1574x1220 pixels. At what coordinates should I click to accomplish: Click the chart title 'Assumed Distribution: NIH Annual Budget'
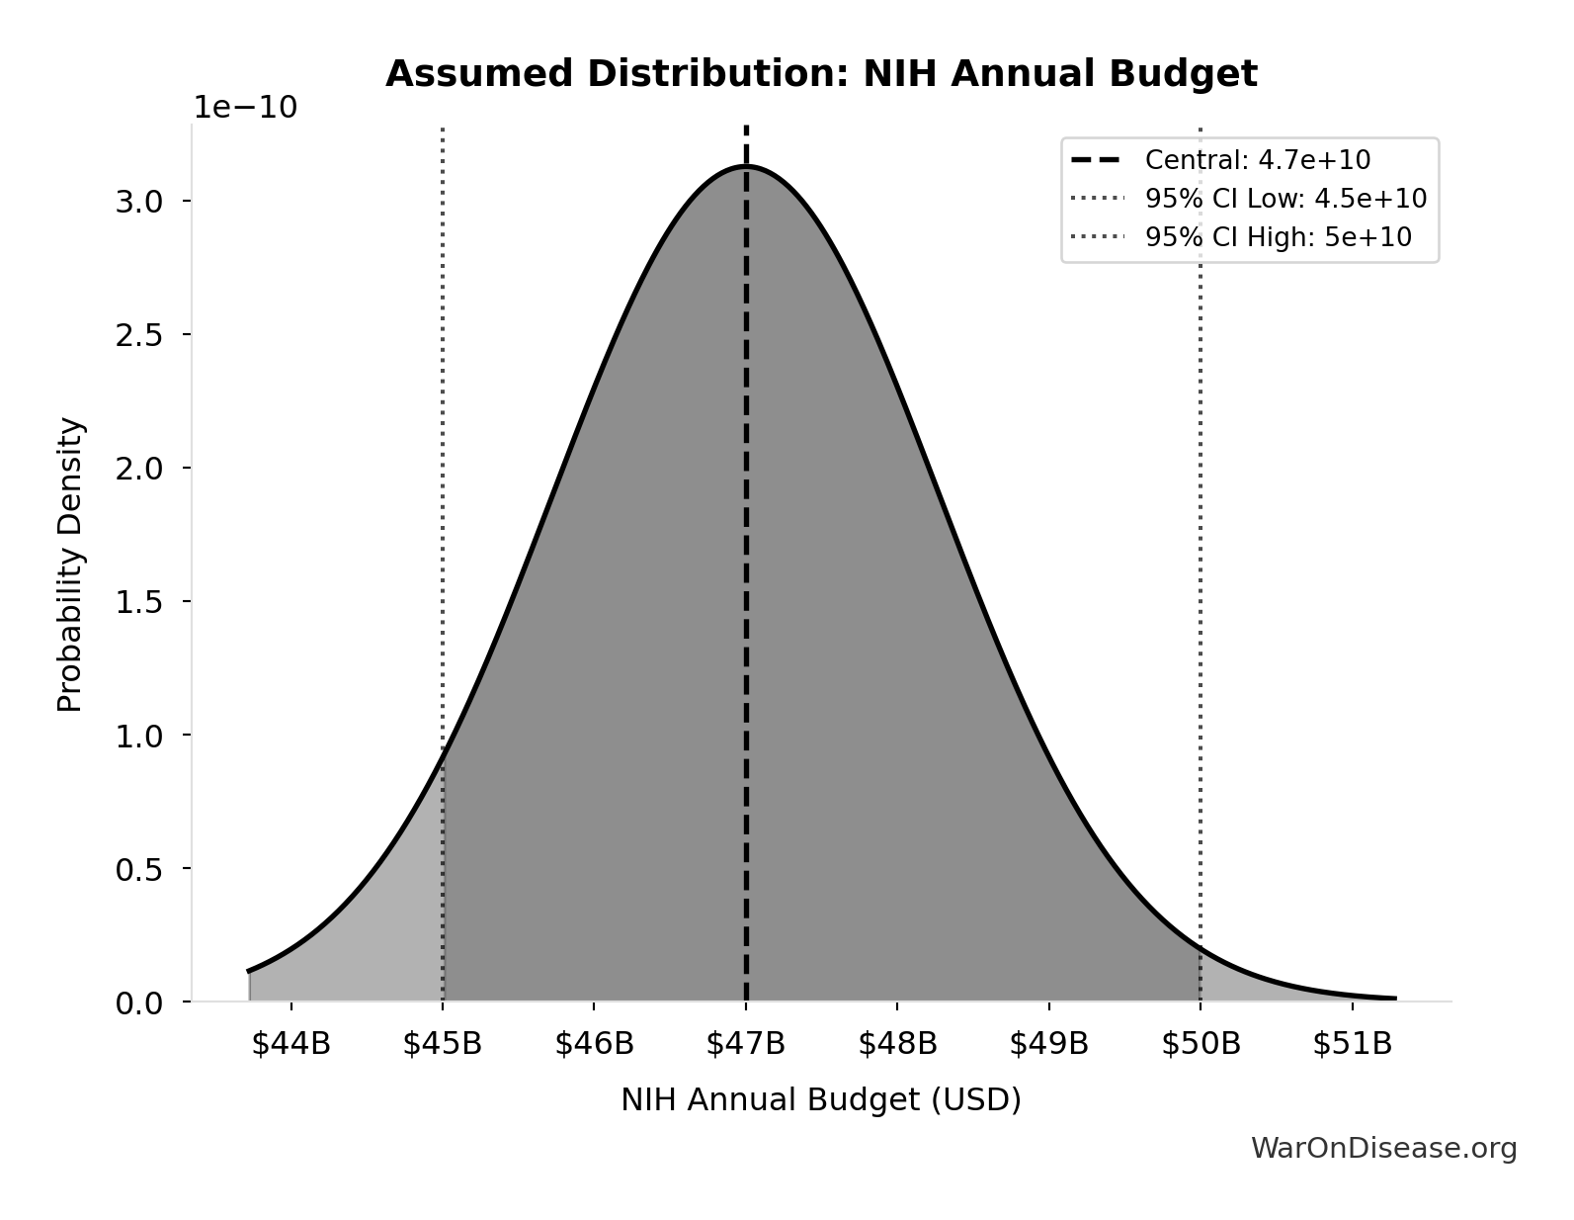[820, 74]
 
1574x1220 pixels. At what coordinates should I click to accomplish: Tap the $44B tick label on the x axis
[290, 1044]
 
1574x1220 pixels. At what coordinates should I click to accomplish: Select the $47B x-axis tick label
[745, 1044]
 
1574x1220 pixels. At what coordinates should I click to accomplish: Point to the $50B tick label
[1201, 1044]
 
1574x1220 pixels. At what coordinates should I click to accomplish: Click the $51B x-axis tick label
[1352, 1044]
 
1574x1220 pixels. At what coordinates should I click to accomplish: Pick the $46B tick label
[594, 1044]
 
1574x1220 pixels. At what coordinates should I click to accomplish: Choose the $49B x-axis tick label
[1048, 1044]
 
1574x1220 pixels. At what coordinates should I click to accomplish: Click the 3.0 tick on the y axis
[139, 202]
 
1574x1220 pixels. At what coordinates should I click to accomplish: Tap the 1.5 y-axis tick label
[139, 602]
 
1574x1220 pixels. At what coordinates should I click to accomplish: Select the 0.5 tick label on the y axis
[139, 869]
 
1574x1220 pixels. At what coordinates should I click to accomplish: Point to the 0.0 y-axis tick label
[139, 1003]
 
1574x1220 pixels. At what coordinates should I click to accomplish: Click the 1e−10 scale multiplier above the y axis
[244, 108]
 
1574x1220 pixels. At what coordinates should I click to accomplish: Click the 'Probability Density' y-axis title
[70, 565]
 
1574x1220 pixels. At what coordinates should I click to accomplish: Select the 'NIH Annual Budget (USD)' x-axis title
[820, 1100]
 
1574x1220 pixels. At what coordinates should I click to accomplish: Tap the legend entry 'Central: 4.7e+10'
[1257, 160]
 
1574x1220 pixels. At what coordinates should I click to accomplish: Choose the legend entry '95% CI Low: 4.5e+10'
[1285, 199]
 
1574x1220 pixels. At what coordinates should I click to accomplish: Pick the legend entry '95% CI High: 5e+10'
[1278, 237]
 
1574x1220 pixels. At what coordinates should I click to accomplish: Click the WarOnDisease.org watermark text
[1383, 1148]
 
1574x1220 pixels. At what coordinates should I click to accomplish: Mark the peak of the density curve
[746, 166]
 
